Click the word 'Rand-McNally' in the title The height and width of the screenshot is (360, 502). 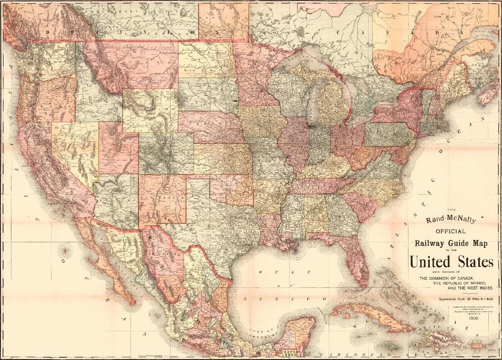click(450, 219)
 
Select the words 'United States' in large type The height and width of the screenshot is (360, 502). click(451, 262)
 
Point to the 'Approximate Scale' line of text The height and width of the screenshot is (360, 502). click(466, 299)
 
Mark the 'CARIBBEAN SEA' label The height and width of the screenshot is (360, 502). click(361, 354)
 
